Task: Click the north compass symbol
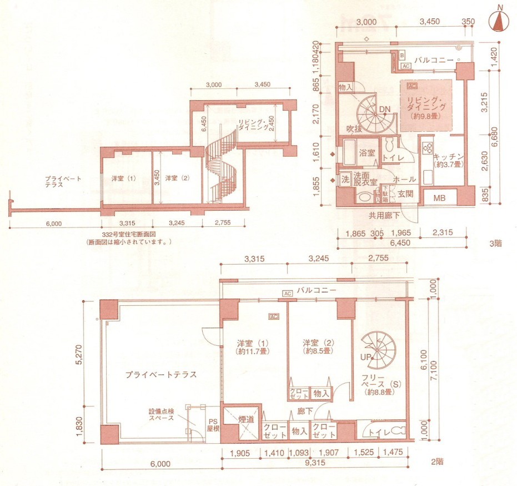(500, 21)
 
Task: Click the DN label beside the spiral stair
(384, 110)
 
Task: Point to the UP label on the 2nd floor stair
(366, 356)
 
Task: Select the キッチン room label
(445, 157)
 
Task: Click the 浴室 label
(367, 152)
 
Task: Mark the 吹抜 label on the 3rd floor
(354, 129)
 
